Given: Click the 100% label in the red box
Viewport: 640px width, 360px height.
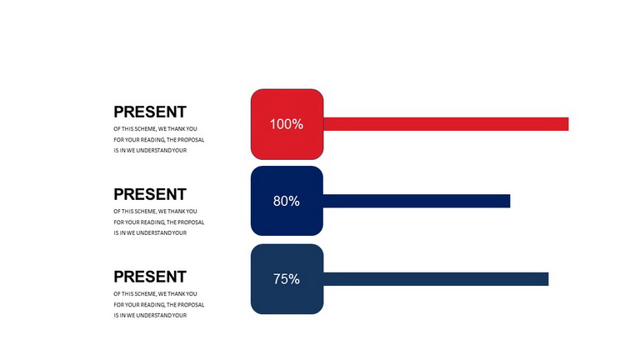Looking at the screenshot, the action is coord(287,124).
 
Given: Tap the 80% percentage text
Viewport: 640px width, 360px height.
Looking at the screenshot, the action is coord(287,201).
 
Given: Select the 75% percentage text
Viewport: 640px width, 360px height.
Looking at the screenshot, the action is coord(287,279).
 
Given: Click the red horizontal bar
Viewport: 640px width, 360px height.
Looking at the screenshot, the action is coord(446,124).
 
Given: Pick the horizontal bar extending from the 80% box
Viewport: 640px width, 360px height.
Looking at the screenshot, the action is coord(417,201).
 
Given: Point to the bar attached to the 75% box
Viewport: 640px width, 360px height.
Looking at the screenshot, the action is coord(436,279).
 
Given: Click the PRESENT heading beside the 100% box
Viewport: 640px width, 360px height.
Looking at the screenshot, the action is coord(150,112).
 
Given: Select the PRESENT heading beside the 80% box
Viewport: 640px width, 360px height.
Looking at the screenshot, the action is coord(150,194).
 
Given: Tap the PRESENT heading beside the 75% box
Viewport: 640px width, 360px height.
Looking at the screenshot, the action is coord(150,277).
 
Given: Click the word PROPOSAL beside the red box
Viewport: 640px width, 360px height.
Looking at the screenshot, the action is coord(191,140).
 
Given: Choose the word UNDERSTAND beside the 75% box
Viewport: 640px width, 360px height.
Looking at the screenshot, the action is coord(154,316).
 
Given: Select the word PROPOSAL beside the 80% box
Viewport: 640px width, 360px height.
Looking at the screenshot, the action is coord(191,222).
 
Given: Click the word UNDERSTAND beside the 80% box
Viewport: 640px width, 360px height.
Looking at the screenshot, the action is coord(154,233).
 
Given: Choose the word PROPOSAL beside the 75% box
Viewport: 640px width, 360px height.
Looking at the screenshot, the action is coord(191,305).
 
